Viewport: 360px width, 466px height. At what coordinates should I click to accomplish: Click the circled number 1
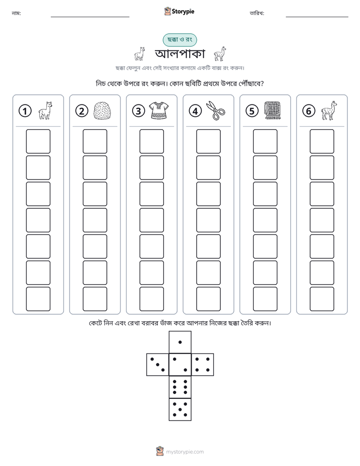click(x=25, y=111)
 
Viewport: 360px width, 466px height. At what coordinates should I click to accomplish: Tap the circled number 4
click(x=195, y=111)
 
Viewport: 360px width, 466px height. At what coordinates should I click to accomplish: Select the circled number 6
click(x=309, y=111)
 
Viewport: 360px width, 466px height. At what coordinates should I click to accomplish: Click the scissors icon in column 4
click(x=216, y=110)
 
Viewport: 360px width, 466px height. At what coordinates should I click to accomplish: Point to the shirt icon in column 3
click(x=159, y=110)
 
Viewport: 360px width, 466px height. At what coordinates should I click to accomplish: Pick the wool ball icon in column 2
click(x=102, y=111)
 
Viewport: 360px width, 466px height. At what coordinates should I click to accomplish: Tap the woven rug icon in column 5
click(x=272, y=110)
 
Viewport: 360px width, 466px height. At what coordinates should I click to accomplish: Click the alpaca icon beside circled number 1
click(x=45, y=110)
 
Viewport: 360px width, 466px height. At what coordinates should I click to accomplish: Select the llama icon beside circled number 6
click(x=329, y=110)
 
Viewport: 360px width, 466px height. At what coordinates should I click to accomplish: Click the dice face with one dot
click(x=180, y=342)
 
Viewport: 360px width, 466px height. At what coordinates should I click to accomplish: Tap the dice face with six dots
click(x=180, y=387)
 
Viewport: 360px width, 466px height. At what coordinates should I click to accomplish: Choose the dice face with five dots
click(x=180, y=409)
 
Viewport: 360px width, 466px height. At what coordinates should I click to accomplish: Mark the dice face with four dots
click(x=203, y=365)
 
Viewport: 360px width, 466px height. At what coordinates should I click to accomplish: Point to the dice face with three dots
click(x=158, y=365)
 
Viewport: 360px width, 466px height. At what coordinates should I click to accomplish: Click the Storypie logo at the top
click(x=179, y=11)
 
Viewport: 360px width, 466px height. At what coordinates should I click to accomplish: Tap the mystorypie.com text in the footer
click(x=185, y=452)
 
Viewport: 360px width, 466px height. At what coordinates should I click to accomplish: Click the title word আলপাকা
click(x=180, y=54)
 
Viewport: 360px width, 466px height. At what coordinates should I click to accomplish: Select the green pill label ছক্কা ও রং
click(x=179, y=40)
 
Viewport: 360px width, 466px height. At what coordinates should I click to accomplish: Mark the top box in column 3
click(x=152, y=141)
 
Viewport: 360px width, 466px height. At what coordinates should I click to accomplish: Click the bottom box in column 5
click(x=265, y=299)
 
